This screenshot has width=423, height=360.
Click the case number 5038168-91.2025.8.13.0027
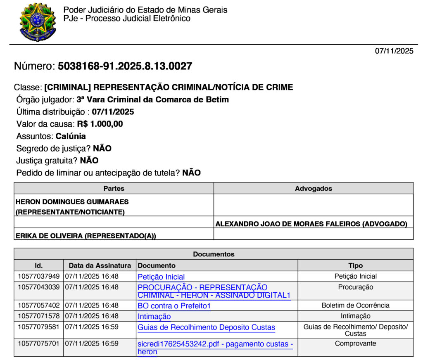(x=125, y=66)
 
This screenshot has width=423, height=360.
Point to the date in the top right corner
(x=394, y=51)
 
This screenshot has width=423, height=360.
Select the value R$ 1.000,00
(x=100, y=124)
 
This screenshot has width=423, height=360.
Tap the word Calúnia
(x=71, y=136)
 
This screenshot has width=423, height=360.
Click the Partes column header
(x=114, y=189)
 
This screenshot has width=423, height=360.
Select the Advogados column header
(x=313, y=189)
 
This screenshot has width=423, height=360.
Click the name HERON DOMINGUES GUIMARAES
(x=72, y=202)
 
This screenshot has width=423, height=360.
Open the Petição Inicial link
(x=161, y=277)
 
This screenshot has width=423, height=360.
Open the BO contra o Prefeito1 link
(x=174, y=306)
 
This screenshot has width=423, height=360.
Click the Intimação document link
(x=154, y=317)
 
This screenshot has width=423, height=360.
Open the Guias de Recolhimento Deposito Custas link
(x=206, y=327)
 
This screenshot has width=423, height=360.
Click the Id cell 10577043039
(x=39, y=287)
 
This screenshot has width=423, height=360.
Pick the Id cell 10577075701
(x=39, y=343)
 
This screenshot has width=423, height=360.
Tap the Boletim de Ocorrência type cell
(x=355, y=306)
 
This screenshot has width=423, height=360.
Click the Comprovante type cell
(x=355, y=343)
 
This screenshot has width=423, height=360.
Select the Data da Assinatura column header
(x=100, y=265)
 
